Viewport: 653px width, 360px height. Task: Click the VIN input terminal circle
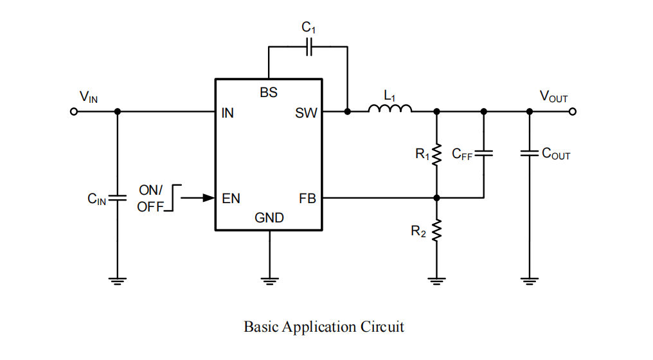(x=74, y=112)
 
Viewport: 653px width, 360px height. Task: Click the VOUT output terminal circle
(x=573, y=112)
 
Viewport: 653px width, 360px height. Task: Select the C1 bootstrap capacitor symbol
(x=309, y=47)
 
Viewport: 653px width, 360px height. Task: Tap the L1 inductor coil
(x=389, y=109)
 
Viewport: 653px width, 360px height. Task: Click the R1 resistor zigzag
(x=436, y=154)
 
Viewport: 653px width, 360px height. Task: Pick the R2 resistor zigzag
(x=436, y=230)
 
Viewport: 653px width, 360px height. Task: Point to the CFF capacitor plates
(x=483, y=154)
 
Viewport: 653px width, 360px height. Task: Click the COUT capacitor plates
(x=530, y=154)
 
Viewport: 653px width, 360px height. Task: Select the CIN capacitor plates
(x=118, y=197)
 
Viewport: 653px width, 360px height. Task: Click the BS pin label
(x=269, y=93)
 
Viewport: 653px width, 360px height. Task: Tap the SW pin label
(x=306, y=113)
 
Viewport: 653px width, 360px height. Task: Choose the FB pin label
(x=308, y=199)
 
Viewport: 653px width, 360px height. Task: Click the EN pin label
(x=231, y=199)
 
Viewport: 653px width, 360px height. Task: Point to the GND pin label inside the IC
(x=269, y=218)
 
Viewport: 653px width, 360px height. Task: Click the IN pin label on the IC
(x=228, y=113)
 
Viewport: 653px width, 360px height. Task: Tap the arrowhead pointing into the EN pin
(x=209, y=198)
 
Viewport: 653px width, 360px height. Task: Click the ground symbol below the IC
(x=269, y=280)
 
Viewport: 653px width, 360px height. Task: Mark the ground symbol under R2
(x=436, y=280)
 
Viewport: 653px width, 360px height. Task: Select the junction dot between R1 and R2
(x=436, y=198)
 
